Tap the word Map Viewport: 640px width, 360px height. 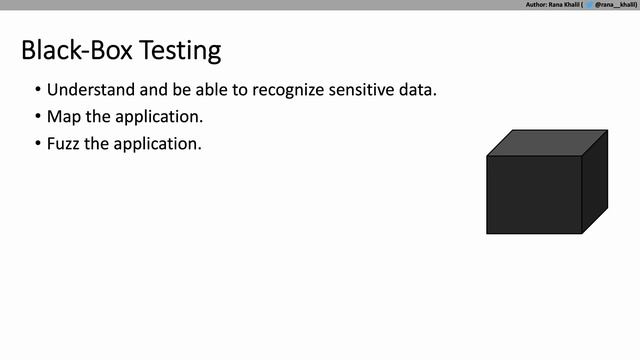point(63,117)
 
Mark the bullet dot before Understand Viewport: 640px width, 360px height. point(37,90)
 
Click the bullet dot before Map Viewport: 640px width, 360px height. point(37,117)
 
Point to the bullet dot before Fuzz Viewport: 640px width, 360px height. point(37,143)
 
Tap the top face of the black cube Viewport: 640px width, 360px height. point(547,142)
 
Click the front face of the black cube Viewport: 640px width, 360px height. point(534,194)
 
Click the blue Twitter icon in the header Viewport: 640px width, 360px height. point(589,5)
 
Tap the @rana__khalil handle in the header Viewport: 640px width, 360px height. point(616,5)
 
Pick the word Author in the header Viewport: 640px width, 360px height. point(536,5)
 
